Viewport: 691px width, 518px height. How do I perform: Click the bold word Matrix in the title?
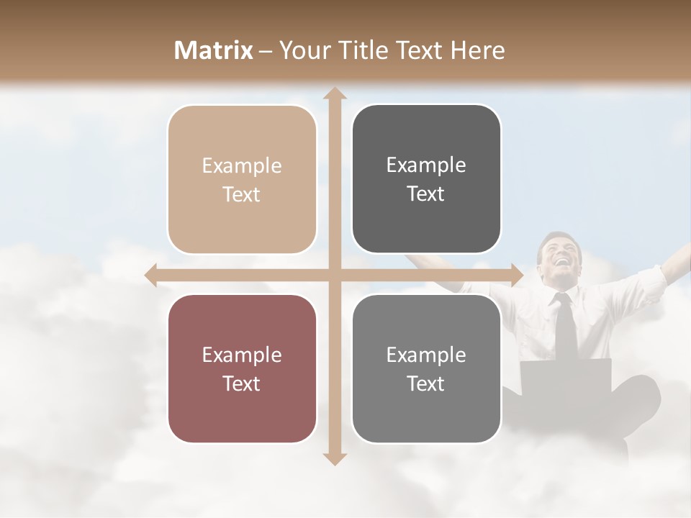(x=214, y=50)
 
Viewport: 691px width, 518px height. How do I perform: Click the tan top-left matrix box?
(x=242, y=179)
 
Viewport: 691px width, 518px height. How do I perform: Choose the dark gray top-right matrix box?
(x=426, y=179)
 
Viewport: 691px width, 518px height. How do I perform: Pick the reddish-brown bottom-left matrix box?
(x=242, y=368)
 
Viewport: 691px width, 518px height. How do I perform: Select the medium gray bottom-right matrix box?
(x=426, y=368)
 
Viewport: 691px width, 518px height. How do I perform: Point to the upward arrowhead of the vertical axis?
(x=334, y=94)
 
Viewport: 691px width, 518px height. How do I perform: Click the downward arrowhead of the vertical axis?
(x=334, y=458)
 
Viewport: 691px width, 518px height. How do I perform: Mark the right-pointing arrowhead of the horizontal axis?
(x=516, y=275)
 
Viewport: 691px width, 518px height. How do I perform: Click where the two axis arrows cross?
(x=334, y=275)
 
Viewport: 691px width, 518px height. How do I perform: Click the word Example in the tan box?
(x=242, y=166)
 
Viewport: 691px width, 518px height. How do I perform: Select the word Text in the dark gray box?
(x=426, y=194)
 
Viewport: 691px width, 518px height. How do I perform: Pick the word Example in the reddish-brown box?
(x=242, y=355)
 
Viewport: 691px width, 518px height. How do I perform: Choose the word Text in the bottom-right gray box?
(x=426, y=384)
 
